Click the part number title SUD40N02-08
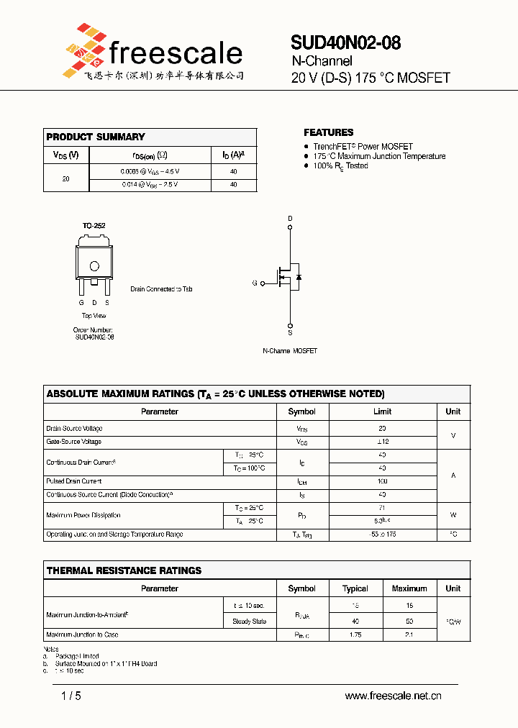pyautogui.click(x=345, y=43)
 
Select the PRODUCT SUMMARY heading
pyautogui.click(x=96, y=137)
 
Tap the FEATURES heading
pyautogui.click(x=328, y=132)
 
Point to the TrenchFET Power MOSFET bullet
pyautogui.click(x=363, y=146)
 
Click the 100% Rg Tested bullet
pyautogui.click(x=340, y=165)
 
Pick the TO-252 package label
pyautogui.click(x=94, y=226)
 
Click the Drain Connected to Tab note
pyautogui.click(x=161, y=289)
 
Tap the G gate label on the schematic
pyautogui.click(x=255, y=283)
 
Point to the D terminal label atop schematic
pyautogui.click(x=291, y=218)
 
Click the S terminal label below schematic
pyautogui.click(x=291, y=333)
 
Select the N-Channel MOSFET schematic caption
pyautogui.click(x=289, y=351)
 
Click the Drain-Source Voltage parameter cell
pyautogui.click(x=74, y=429)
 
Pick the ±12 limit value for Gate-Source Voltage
pyautogui.click(x=382, y=442)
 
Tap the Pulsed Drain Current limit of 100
pyautogui.click(x=382, y=481)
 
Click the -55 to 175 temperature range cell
pyautogui.click(x=382, y=534)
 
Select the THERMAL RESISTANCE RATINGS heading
pyautogui.click(x=124, y=570)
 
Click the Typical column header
pyautogui.click(x=355, y=588)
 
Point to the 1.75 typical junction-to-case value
pyautogui.click(x=355, y=635)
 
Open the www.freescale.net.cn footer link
pyautogui.click(x=393, y=696)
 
